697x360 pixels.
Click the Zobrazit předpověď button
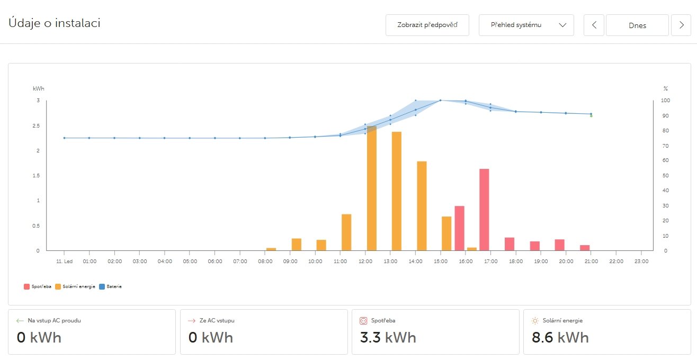click(x=427, y=25)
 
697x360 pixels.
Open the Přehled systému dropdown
click(x=526, y=25)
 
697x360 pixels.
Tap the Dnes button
click(x=637, y=25)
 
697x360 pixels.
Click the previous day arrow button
click(x=594, y=25)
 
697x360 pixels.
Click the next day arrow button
click(x=681, y=25)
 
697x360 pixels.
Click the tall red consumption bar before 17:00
click(x=484, y=210)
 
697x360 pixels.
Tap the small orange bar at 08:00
click(x=271, y=249)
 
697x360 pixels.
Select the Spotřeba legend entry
click(x=38, y=286)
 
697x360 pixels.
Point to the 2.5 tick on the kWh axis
click(x=38, y=126)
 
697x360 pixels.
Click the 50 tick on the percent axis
click(x=666, y=176)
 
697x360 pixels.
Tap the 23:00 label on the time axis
click(x=641, y=261)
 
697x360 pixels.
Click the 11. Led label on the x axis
click(x=64, y=261)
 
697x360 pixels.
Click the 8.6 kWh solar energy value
click(x=560, y=337)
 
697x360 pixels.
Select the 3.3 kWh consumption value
click(x=388, y=337)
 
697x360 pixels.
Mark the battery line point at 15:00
click(x=441, y=100)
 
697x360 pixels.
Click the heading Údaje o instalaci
click(x=55, y=23)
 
